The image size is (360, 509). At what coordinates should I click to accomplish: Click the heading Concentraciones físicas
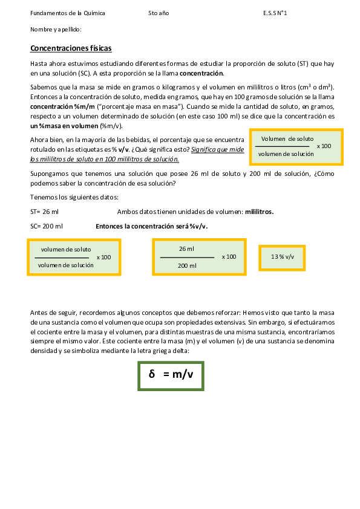[71, 48]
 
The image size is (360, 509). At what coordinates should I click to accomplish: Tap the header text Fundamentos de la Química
[67, 13]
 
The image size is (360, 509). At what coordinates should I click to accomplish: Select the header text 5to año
[159, 13]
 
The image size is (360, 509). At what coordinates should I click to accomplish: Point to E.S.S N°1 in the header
[275, 13]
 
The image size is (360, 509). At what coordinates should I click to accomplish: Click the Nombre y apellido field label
[56, 29]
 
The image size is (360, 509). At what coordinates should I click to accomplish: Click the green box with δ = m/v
[171, 375]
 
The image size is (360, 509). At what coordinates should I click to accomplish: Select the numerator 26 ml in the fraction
[186, 248]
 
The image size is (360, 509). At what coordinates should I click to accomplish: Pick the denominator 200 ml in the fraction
[187, 265]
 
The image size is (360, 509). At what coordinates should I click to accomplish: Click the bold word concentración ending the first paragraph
[201, 73]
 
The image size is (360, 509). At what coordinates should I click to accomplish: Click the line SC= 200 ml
[46, 226]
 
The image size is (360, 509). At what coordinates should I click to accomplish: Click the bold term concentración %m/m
[55, 106]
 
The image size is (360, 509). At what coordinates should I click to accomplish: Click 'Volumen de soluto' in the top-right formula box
[287, 139]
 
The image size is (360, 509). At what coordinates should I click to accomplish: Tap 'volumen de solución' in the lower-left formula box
[65, 265]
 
